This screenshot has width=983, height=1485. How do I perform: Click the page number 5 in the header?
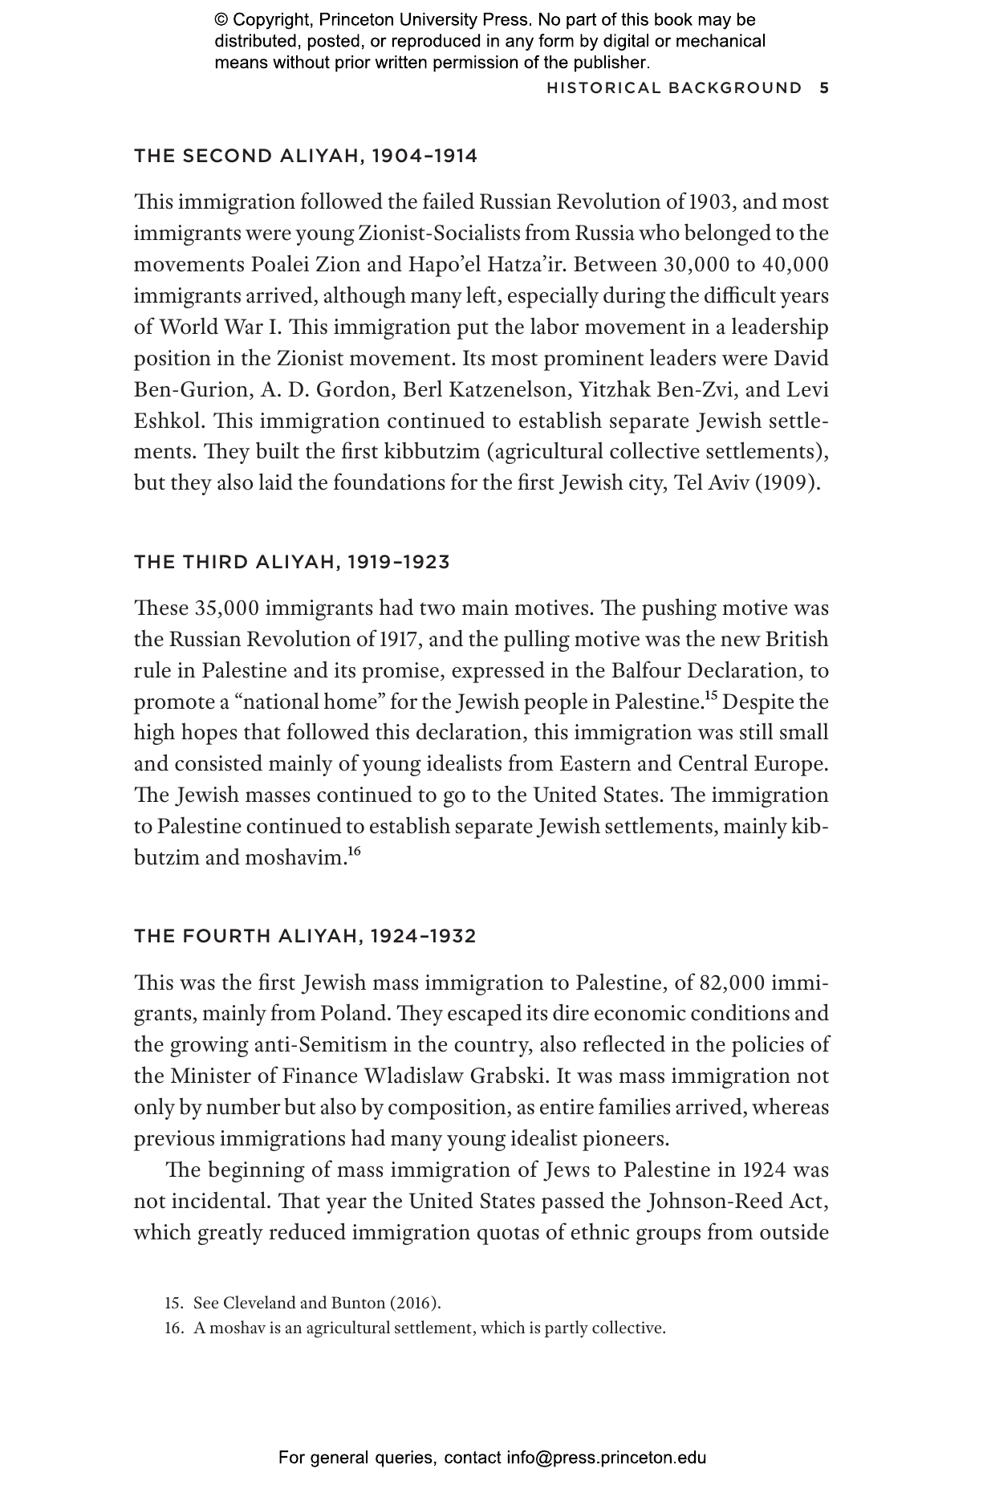point(824,88)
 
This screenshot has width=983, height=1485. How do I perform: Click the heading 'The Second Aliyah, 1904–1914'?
point(306,156)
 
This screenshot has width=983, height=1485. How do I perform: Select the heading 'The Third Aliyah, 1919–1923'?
point(292,562)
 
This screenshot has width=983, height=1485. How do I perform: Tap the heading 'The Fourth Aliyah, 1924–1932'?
point(305,936)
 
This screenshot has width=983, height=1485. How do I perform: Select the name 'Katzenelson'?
point(507,390)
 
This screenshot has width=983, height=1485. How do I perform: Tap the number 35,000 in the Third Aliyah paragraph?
point(228,608)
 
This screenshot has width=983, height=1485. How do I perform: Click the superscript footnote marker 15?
point(710,695)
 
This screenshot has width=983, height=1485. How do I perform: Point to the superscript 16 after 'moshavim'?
point(355,852)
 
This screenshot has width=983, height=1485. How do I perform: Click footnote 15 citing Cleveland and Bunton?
point(303,1303)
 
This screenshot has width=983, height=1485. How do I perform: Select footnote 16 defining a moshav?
point(416,1328)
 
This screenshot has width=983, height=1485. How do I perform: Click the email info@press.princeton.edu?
point(606,1457)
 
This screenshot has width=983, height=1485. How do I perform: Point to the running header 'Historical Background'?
point(674,88)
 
